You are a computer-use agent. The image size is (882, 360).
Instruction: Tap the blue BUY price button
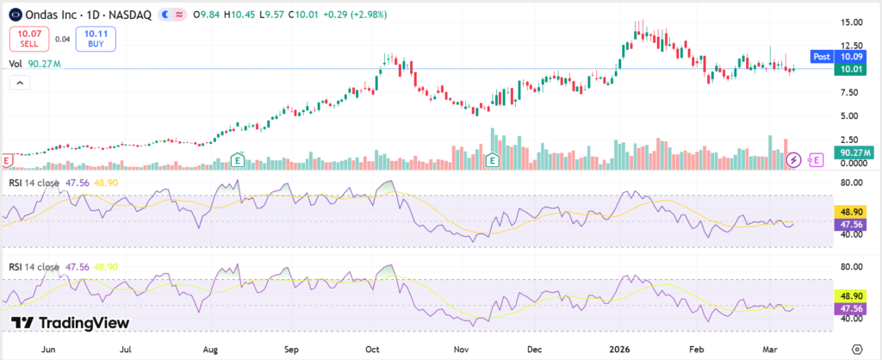(95, 38)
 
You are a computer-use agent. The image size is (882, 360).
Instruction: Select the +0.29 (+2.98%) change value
(355, 15)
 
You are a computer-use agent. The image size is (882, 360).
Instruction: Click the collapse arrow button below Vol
(19, 83)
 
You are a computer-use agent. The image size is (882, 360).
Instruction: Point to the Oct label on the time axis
(373, 351)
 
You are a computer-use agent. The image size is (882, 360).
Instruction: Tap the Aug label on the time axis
(210, 351)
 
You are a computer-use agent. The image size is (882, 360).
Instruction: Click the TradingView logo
(71, 322)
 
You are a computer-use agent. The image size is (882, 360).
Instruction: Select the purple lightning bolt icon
(794, 159)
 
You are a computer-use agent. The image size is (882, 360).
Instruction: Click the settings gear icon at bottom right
(855, 349)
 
